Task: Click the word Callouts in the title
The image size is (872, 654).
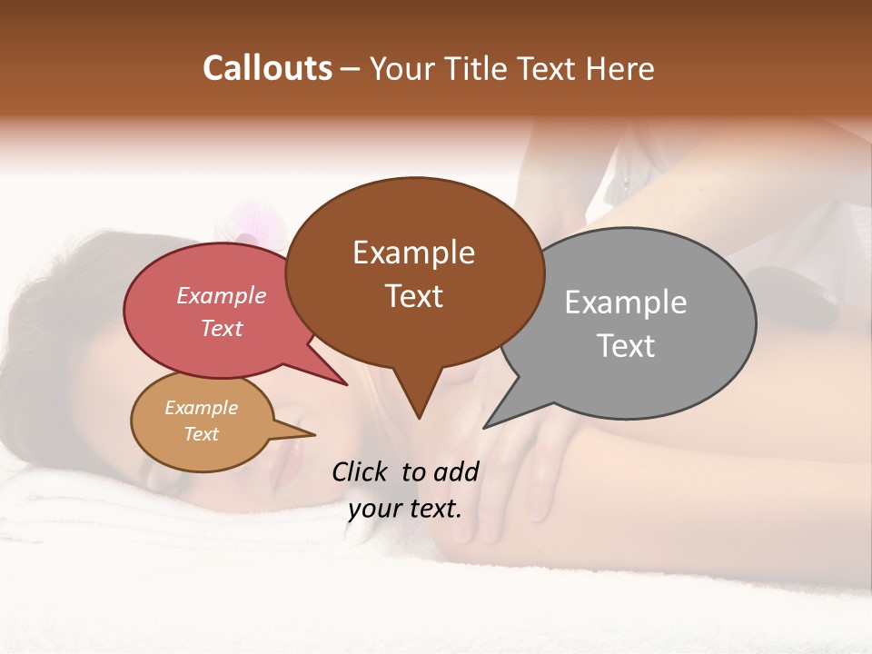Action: click(x=267, y=68)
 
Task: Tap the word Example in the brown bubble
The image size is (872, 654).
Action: click(x=413, y=253)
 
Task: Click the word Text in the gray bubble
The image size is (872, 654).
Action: click(x=626, y=346)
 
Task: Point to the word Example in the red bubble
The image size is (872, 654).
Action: click(x=221, y=295)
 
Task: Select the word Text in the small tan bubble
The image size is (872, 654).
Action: click(x=201, y=434)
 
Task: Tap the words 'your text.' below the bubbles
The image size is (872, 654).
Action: click(x=405, y=509)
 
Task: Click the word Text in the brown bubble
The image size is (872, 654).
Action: click(x=413, y=296)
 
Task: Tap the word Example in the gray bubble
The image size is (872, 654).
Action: click(x=626, y=302)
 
